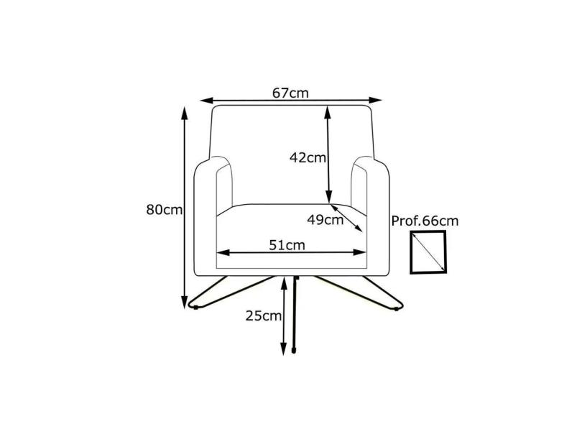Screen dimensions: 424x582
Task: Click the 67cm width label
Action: click(290, 93)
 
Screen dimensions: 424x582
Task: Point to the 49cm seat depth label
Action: click(325, 220)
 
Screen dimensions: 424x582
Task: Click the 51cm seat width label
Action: click(287, 244)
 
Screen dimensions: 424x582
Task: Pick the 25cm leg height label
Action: click(262, 315)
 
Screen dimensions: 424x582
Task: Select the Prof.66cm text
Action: click(425, 221)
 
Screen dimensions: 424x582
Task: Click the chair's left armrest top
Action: click(216, 164)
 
